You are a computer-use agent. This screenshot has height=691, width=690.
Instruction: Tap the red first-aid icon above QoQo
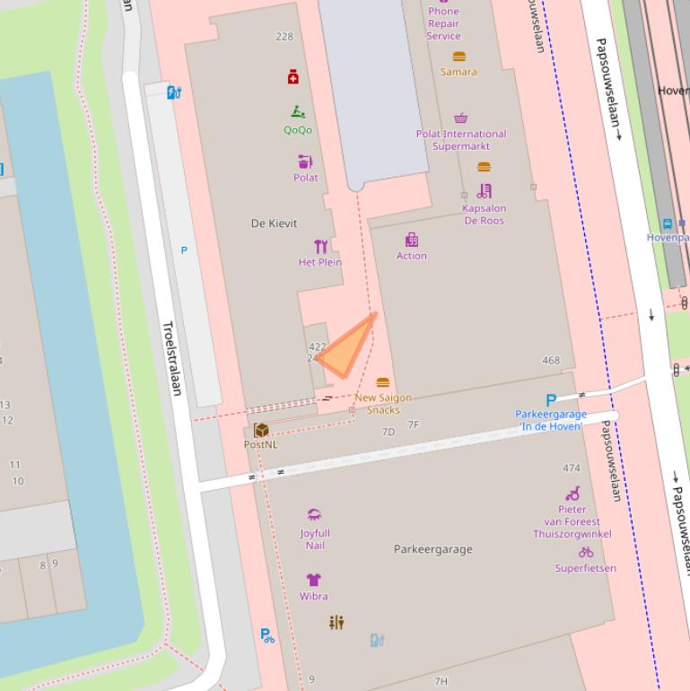pyautogui.click(x=293, y=77)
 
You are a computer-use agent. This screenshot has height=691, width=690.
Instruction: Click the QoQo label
pyautogui.click(x=298, y=130)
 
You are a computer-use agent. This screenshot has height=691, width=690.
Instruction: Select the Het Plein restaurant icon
pyautogui.click(x=320, y=246)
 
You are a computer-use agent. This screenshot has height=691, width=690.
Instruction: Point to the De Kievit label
pyautogui.click(x=274, y=223)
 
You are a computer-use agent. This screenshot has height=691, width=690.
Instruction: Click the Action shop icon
pyautogui.click(x=412, y=240)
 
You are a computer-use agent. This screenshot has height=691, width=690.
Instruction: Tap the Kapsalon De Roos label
pyautogui.click(x=484, y=214)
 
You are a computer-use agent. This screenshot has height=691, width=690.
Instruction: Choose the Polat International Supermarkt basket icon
pyautogui.click(x=460, y=118)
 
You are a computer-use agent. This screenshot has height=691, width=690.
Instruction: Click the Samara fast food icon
pyautogui.click(x=459, y=57)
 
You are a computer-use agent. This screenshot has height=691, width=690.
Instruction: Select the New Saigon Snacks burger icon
pyautogui.click(x=383, y=383)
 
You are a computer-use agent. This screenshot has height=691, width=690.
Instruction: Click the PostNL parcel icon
pyautogui.click(x=261, y=430)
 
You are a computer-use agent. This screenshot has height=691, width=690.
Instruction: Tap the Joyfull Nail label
pyautogui.click(x=315, y=539)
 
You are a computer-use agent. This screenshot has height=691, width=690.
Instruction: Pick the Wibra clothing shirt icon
pyautogui.click(x=313, y=580)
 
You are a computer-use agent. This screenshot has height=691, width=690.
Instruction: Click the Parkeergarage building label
pyautogui.click(x=432, y=549)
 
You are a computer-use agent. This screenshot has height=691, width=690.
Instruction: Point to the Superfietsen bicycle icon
pyautogui.click(x=586, y=552)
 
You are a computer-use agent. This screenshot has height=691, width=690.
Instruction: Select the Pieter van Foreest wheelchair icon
pyautogui.click(x=572, y=494)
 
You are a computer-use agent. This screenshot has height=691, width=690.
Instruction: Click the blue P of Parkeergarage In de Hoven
pyautogui.click(x=551, y=400)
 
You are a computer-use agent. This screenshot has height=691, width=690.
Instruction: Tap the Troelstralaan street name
pyautogui.click(x=170, y=358)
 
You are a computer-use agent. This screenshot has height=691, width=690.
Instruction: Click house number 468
pyautogui.click(x=551, y=361)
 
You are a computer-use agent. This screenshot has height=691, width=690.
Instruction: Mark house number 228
pyautogui.click(x=284, y=37)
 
